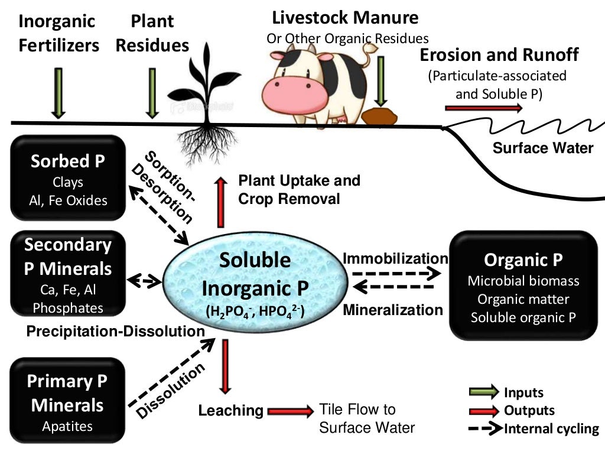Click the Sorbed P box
[x=69, y=177]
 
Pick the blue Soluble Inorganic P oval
[x=255, y=278]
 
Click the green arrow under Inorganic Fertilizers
[x=58, y=92]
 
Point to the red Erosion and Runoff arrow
[x=483, y=108]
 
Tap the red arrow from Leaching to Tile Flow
[x=290, y=410]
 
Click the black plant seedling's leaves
[x=203, y=83]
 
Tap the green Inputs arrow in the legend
[x=483, y=392]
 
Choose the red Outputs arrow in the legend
[x=483, y=410]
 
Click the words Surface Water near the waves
[x=543, y=148]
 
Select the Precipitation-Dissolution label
[x=115, y=332]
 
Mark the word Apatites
[x=67, y=426]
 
